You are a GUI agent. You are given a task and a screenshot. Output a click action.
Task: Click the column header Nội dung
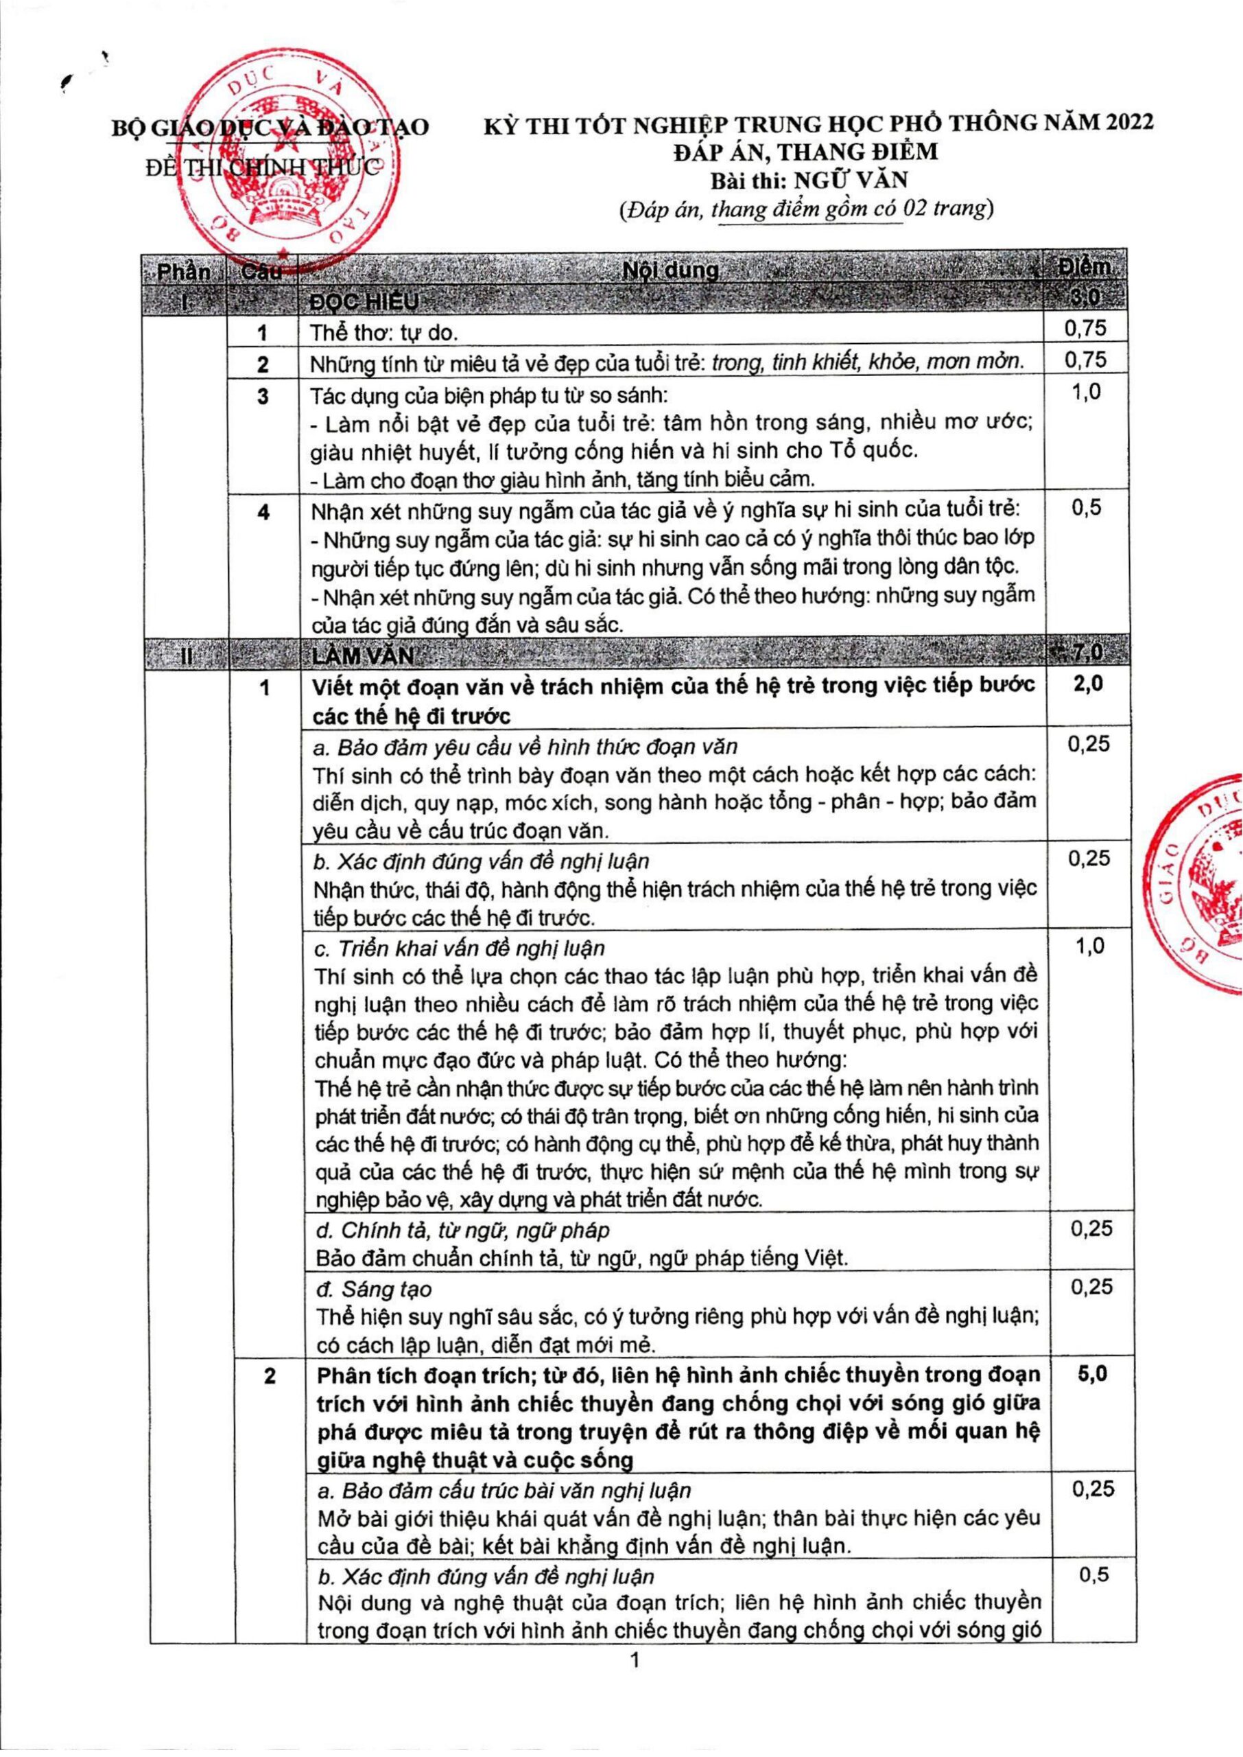click(670, 270)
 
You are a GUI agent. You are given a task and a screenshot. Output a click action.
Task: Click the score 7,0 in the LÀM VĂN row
click(1085, 652)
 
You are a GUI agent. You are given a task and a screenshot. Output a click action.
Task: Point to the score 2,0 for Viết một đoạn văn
click(1088, 684)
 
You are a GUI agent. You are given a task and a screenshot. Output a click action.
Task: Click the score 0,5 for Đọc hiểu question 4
click(1086, 508)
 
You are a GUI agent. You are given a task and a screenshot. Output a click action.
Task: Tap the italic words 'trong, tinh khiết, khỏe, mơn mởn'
click(868, 362)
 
